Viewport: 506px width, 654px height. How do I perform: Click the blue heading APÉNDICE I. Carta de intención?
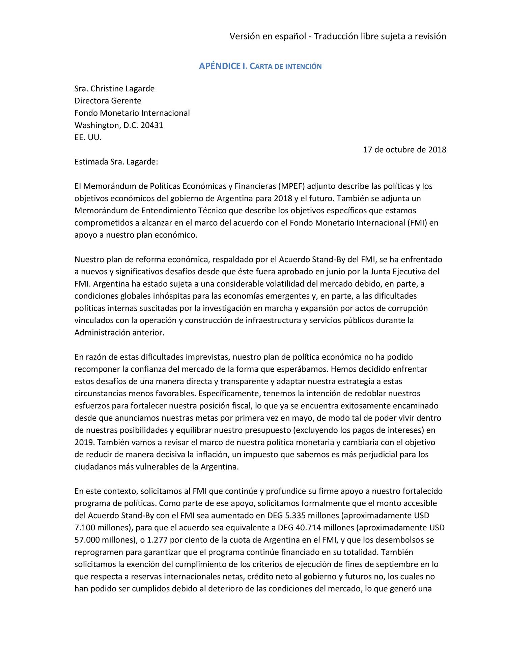click(260, 66)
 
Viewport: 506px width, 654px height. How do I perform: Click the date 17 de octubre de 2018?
click(404, 150)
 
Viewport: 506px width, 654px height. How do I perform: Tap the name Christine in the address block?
click(107, 89)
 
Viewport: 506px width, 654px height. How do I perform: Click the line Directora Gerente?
click(108, 101)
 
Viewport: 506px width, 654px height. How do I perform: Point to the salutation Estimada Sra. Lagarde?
click(116, 162)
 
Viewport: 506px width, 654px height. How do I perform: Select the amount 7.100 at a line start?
click(85, 528)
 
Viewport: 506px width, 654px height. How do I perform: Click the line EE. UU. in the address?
click(88, 137)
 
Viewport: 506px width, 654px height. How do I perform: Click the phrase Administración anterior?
click(119, 333)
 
